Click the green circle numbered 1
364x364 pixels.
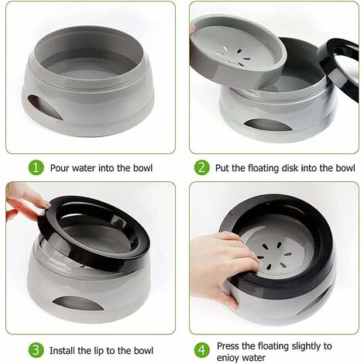click(x=36, y=168)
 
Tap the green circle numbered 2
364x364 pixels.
click(x=201, y=168)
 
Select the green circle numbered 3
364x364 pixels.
click(x=36, y=350)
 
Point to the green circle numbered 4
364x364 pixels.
click(x=201, y=350)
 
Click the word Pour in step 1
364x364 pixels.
click(x=60, y=168)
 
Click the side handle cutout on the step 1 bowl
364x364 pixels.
click(x=44, y=107)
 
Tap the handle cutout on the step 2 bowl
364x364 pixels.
click(x=266, y=125)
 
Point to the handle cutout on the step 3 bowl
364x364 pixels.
click(x=77, y=303)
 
